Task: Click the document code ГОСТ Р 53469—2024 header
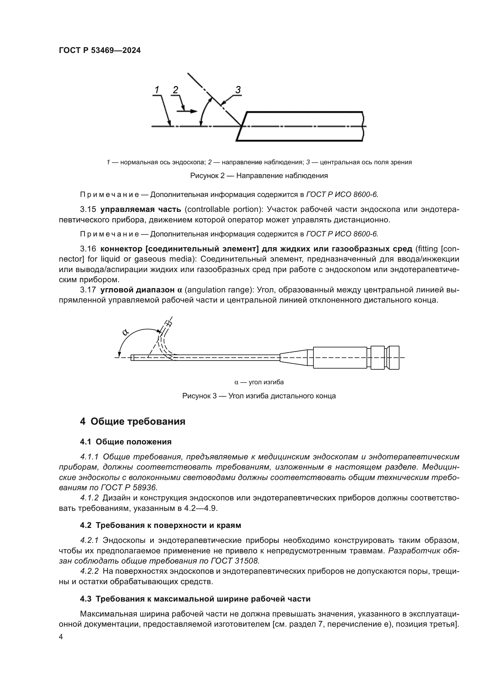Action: (100, 51)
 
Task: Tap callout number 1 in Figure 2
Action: (157, 90)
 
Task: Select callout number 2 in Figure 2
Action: (175, 90)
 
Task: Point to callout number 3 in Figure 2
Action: (238, 90)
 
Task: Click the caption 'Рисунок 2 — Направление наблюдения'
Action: (259, 176)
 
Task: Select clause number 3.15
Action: (88, 209)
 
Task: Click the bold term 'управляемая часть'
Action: (141, 209)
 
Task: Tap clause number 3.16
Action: (88, 249)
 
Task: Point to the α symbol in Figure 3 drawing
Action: (125, 332)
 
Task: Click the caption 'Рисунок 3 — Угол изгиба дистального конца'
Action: (259, 396)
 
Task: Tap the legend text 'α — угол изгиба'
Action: (259, 382)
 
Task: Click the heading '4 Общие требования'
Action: (133, 422)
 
